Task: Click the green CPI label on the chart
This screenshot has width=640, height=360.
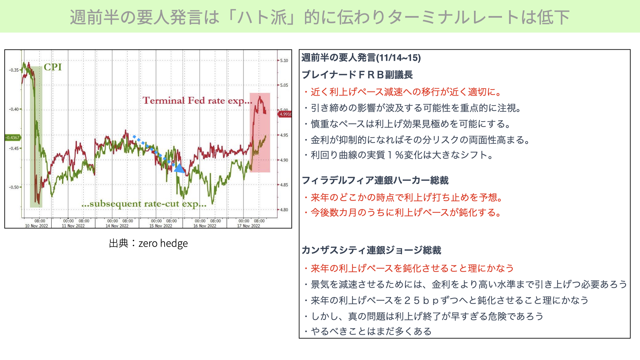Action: [53, 67]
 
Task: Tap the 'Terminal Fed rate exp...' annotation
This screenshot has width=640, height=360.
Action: [197, 101]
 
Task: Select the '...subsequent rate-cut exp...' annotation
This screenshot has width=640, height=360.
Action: [144, 204]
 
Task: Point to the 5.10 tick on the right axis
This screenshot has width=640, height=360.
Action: [284, 61]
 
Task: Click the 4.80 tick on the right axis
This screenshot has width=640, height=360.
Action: [284, 210]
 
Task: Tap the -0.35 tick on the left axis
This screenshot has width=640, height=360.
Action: [14, 70]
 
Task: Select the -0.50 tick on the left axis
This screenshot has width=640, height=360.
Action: [14, 187]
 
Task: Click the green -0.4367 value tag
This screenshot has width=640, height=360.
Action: [13, 137]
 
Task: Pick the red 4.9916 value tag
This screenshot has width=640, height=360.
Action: [285, 114]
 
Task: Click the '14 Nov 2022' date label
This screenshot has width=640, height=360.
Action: [117, 226]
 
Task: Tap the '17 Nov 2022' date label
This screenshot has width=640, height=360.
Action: [248, 226]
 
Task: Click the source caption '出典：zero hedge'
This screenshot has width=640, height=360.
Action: [148, 243]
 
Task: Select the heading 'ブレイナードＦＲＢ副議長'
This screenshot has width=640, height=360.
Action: [357, 75]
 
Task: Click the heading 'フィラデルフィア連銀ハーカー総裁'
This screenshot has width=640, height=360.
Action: [375, 180]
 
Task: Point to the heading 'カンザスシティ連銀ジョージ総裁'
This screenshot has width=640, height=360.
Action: [371, 250]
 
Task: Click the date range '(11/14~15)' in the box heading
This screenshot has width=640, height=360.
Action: [398, 58]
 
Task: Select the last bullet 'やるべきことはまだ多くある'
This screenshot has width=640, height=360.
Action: [367, 331]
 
